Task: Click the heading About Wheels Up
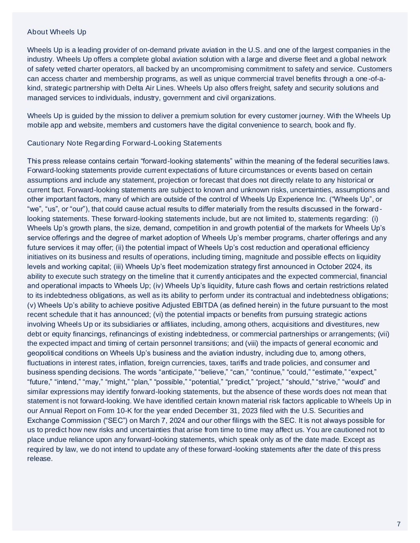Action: [x=57, y=32]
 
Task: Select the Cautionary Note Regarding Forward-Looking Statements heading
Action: [x=124, y=143]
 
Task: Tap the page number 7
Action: [x=399, y=524]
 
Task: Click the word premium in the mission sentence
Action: [x=194, y=116]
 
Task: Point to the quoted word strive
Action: [x=332, y=382]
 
